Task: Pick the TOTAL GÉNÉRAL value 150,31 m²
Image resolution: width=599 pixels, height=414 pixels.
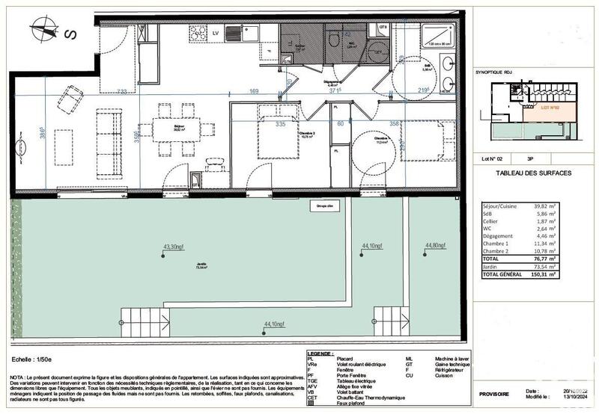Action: tap(546, 274)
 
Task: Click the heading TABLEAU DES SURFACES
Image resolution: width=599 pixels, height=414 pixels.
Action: tap(534, 173)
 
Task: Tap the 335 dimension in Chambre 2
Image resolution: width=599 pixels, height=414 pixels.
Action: tap(260, 125)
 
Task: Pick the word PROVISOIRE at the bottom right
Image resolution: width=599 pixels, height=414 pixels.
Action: tap(494, 394)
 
